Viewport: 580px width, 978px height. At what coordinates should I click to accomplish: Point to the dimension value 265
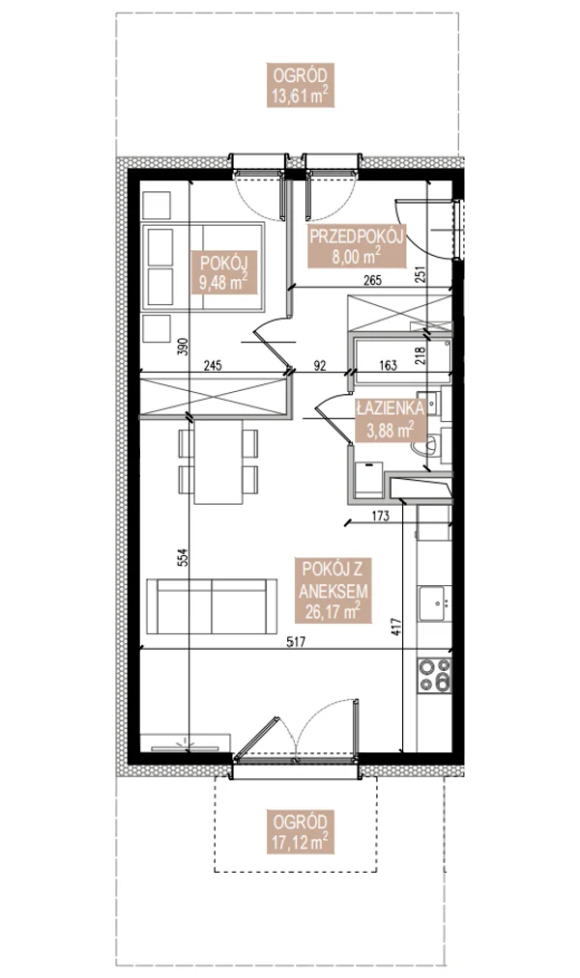(x=373, y=282)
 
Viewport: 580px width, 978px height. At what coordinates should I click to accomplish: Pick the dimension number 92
(x=320, y=366)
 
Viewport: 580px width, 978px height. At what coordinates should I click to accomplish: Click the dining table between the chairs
(x=218, y=462)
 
